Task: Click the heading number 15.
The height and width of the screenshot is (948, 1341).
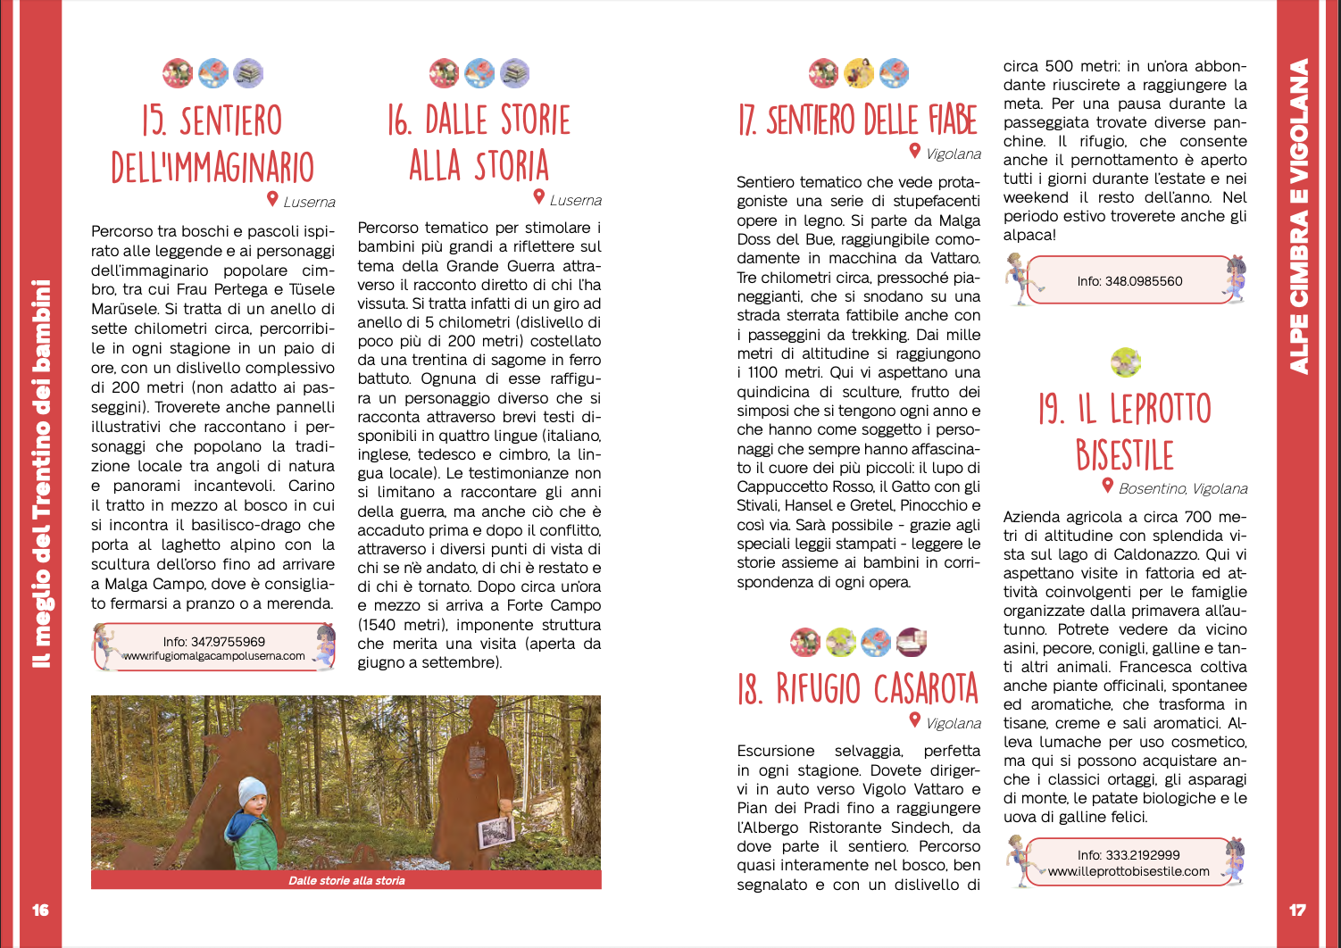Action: [x=154, y=121]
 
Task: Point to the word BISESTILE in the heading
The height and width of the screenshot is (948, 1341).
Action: [x=1124, y=455]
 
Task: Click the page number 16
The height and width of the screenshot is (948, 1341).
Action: [x=40, y=910]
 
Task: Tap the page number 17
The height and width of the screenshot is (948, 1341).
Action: [x=1297, y=910]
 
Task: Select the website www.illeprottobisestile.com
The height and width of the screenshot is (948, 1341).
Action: [x=1129, y=871]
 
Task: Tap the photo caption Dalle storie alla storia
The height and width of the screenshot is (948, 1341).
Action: [x=346, y=880]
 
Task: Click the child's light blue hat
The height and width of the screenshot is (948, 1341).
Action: [x=253, y=791]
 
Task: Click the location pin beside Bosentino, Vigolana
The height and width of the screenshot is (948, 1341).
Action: [x=1107, y=486]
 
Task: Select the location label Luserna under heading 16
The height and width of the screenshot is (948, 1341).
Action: [x=575, y=201]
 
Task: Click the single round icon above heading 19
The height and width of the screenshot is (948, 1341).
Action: [x=1126, y=362]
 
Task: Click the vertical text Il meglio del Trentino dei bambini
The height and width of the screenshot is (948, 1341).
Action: [x=41, y=473]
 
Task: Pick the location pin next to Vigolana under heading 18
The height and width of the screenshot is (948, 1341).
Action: [x=915, y=719]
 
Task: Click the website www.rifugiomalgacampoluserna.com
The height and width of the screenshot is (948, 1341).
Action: [x=214, y=656]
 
